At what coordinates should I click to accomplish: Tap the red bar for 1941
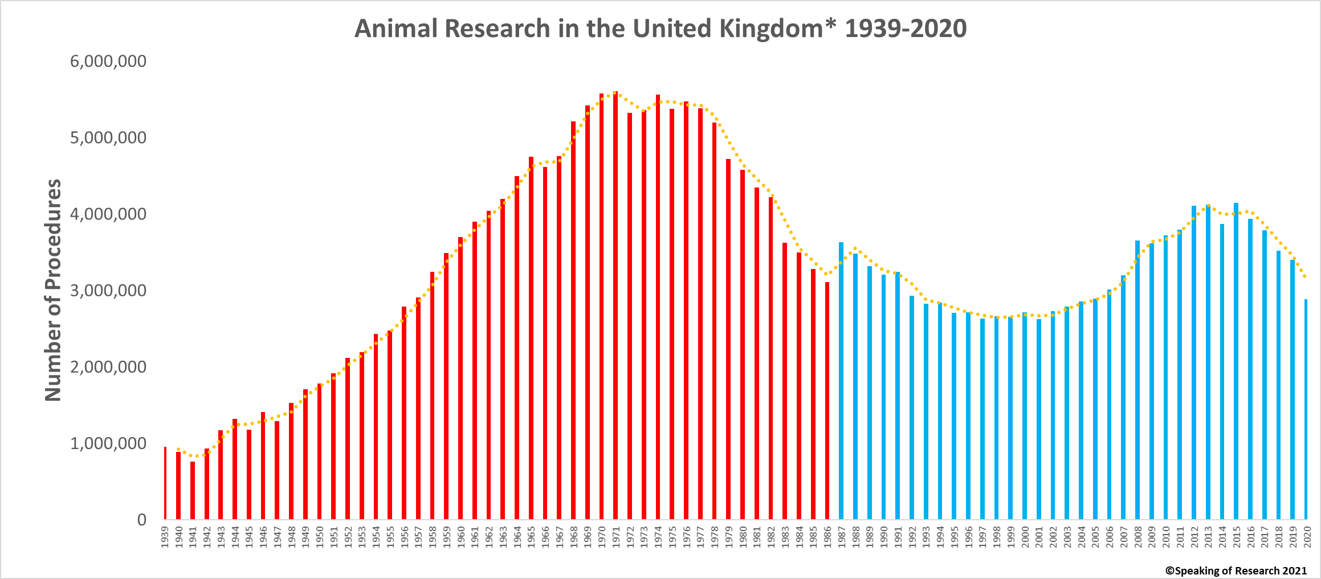point(193,490)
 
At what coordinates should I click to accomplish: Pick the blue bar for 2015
point(1236,361)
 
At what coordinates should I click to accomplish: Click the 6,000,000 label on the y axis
point(108,62)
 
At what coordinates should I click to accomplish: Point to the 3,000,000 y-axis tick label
point(108,291)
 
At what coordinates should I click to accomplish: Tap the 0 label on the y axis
point(142,520)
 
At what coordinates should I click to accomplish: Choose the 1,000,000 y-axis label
point(108,443)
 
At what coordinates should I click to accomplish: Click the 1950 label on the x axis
point(320,537)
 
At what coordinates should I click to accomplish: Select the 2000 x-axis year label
point(1025,537)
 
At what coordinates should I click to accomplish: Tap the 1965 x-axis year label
point(531,537)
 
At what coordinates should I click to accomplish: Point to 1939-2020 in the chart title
point(906,28)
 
